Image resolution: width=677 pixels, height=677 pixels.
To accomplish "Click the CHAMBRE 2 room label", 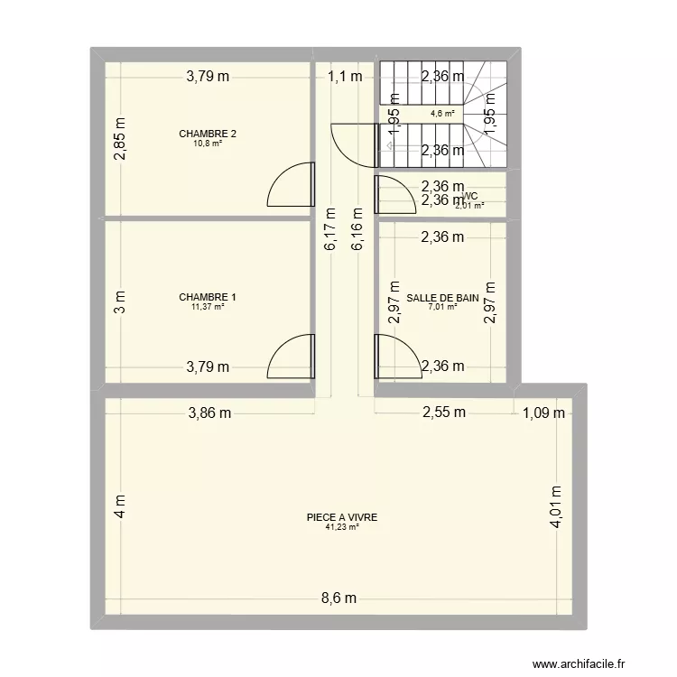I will pyautogui.click(x=208, y=134).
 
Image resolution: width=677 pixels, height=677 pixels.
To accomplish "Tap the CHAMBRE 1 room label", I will pyautogui.click(x=208, y=297).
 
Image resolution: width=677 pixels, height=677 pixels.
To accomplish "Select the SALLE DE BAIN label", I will pyautogui.click(x=442, y=297).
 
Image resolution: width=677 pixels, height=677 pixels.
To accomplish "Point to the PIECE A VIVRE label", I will pyautogui.click(x=341, y=518).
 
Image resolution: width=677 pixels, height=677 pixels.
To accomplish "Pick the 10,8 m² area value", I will pyautogui.click(x=208, y=144).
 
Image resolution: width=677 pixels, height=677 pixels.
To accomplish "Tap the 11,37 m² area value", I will pyautogui.click(x=208, y=306).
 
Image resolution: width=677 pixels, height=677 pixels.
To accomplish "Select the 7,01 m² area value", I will pyautogui.click(x=442, y=307).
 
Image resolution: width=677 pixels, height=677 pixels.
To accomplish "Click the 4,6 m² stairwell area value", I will pyautogui.click(x=442, y=114).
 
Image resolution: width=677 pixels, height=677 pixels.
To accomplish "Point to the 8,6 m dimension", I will pyautogui.click(x=338, y=598).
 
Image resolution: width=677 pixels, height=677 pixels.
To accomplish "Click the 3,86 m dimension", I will pyautogui.click(x=209, y=413).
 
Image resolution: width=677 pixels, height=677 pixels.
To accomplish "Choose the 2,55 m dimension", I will pyautogui.click(x=445, y=413).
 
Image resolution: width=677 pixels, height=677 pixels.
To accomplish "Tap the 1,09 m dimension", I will pyautogui.click(x=543, y=413).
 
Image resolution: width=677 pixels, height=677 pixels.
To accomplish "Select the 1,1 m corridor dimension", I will pyautogui.click(x=345, y=77).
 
